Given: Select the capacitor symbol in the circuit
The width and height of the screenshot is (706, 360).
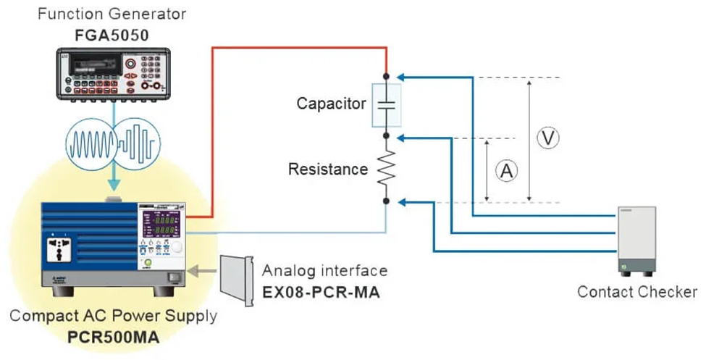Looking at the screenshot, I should (x=387, y=105).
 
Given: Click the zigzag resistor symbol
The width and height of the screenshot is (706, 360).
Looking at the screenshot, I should (x=387, y=168).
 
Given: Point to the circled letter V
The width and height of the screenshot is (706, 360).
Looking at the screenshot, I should (x=550, y=138).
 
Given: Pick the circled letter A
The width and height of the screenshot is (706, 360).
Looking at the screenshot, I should (x=506, y=171).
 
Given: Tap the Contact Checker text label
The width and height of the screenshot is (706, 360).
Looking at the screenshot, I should (x=636, y=292).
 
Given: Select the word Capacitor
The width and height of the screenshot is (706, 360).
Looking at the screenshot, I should (x=331, y=104).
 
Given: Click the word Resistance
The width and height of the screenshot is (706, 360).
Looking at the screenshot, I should (x=327, y=169).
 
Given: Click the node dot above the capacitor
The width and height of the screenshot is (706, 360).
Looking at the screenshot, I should (x=387, y=75).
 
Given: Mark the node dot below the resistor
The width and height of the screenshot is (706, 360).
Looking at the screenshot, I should (x=387, y=201).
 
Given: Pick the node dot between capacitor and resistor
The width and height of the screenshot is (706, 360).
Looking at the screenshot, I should (x=387, y=135).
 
